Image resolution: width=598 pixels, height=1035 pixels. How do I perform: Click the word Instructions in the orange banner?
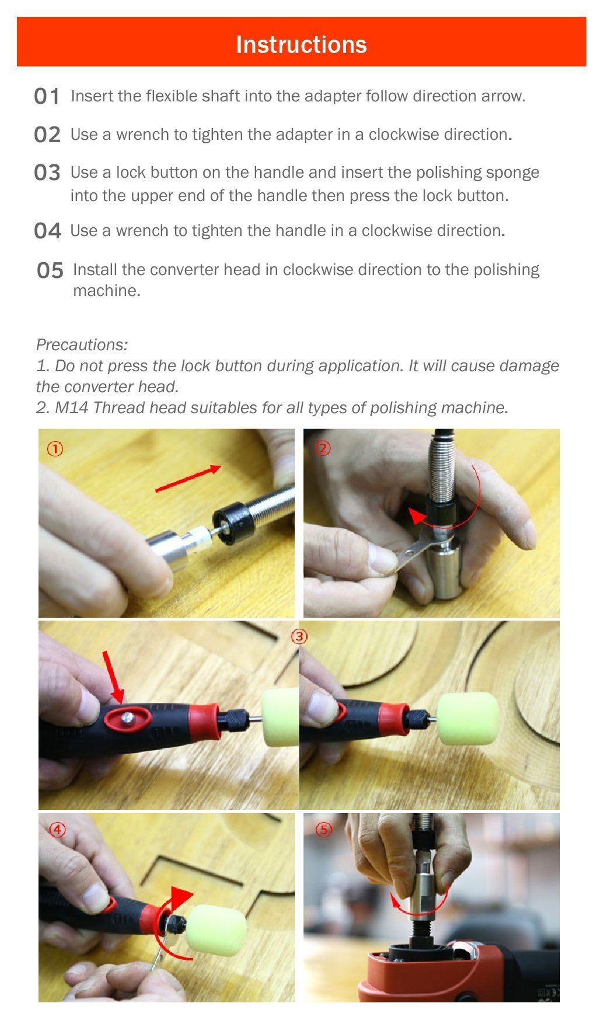pos(301,44)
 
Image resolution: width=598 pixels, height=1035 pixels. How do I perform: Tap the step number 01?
pos(47,96)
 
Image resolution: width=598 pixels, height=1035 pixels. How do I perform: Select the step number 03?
pos(47,172)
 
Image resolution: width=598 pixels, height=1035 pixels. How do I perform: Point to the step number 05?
pos(50,270)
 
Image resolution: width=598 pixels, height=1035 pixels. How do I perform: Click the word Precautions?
pos(82,344)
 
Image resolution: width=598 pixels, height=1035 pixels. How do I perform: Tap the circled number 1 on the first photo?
pos(55,449)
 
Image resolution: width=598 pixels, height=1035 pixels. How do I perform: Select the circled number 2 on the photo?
pos(323,448)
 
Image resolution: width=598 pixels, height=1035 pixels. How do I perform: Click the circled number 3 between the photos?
pos(299,636)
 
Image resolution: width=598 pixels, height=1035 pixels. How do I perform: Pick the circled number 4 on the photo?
pos(57,829)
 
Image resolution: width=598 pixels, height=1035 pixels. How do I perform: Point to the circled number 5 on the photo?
pos(324,830)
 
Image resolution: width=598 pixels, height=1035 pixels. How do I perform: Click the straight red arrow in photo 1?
pos(188,478)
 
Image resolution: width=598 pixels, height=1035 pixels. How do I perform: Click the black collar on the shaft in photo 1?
pos(234,523)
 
